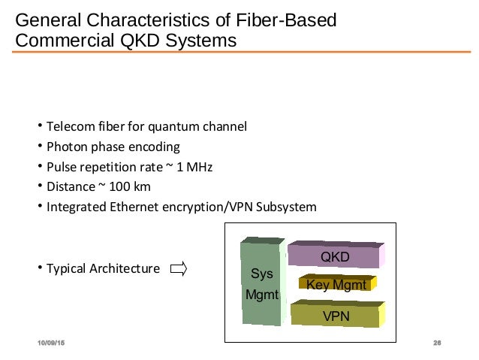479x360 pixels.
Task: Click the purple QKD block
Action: point(335,256)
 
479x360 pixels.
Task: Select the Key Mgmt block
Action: point(336,284)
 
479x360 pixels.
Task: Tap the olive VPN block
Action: point(335,314)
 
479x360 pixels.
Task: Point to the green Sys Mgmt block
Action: point(261,284)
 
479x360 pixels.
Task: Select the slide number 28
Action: point(436,343)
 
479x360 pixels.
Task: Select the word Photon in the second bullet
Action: point(66,146)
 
